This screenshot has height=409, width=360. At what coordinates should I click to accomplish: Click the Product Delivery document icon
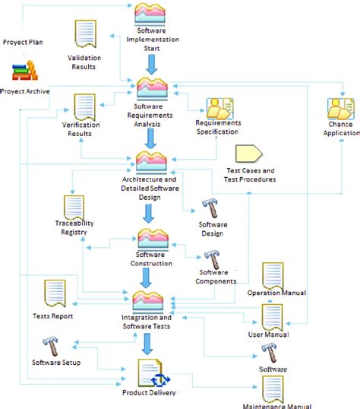pyautogui.click(x=150, y=373)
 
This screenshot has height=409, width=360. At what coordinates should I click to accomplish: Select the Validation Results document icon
pyautogui.click(x=84, y=36)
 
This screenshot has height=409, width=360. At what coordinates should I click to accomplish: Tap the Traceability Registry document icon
pyautogui.click(x=74, y=207)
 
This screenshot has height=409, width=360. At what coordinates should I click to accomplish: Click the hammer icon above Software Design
pyautogui.click(x=210, y=208)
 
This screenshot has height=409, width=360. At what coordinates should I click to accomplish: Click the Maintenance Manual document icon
pyautogui.click(x=273, y=387)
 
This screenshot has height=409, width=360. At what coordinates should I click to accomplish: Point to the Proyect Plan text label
pyautogui.click(x=22, y=42)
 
